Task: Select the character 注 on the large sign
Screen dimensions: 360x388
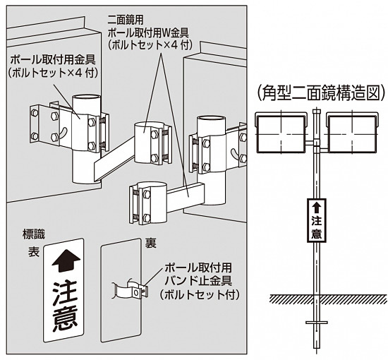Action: (63, 291)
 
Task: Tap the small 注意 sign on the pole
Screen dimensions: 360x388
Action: (317, 220)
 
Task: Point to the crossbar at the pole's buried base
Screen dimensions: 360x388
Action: (317, 323)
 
